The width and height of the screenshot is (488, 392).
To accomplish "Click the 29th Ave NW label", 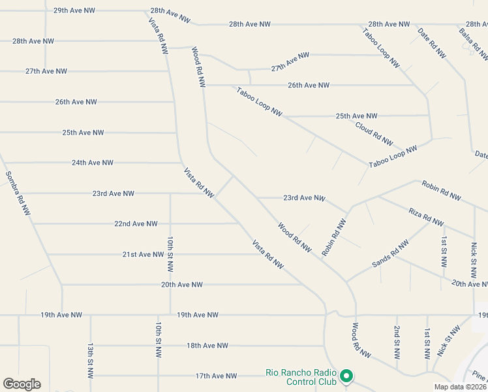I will pyautogui.click(x=74, y=11).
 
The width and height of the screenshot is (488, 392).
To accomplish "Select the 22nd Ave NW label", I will pyautogui.click(x=136, y=223).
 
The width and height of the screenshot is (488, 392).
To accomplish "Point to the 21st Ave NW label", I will pyautogui.click(x=143, y=254).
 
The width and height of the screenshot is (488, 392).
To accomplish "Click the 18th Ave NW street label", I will pyautogui.click(x=207, y=346).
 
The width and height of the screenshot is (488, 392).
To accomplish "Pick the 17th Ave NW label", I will pyautogui.click(x=217, y=376).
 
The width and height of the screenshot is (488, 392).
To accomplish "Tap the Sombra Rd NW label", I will pyautogui.click(x=18, y=193).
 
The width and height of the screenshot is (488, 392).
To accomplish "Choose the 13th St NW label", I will pyautogui.click(x=91, y=360).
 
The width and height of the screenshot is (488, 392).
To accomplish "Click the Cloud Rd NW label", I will pyautogui.click(x=374, y=133).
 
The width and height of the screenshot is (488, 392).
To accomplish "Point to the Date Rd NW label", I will pyautogui.click(x=432, y=43).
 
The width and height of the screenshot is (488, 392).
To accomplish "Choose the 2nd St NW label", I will pyautogui.click(x=397, y=342).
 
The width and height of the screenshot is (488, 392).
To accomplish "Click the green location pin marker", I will pyautogui.click(x=347, y=377).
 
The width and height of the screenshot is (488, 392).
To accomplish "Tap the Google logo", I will pyautogui.click(x=22, y=384).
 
